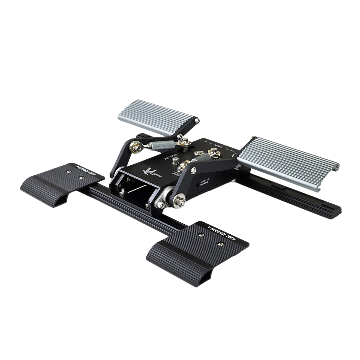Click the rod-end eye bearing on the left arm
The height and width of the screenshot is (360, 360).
coord(136,148)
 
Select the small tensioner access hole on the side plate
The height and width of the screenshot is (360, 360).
coord(198,185)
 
